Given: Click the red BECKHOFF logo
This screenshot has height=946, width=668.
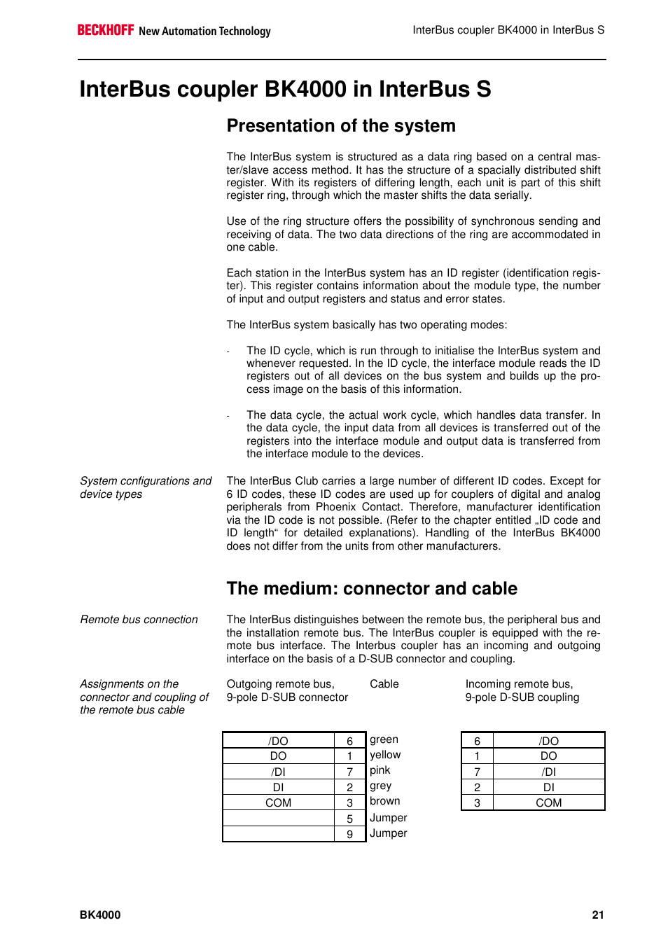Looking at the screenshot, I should click(105, 30).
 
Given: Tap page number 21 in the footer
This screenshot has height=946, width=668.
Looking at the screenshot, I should click(597, 914).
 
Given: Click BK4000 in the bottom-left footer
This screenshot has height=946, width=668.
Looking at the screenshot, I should click(100, 914).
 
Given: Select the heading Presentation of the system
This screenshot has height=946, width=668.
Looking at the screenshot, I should click(341, 126).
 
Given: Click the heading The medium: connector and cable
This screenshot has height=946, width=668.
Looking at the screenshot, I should click(372, 589).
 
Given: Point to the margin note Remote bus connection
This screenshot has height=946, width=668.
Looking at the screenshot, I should click(139, 620).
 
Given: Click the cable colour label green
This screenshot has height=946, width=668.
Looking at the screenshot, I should click(384, 739).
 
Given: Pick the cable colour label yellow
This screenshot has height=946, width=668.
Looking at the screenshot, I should click(385, 755).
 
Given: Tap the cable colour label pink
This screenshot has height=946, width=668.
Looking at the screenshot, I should click(380, 770).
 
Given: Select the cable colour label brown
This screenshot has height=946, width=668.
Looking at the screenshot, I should click(385, 801).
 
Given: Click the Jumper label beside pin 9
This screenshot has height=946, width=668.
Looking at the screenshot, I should click(389, 833).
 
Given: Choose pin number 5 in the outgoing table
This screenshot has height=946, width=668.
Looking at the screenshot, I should click(350, 819).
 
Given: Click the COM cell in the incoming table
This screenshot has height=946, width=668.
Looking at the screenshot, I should click(548, 803).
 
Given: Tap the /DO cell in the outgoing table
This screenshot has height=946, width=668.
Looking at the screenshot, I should click(278, 742).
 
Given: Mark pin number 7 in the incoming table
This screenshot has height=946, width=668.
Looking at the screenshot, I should click(477, 772).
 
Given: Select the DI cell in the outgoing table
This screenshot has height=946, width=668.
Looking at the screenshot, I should click(278, 788).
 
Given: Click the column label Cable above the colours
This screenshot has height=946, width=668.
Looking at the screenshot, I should click(384, 684).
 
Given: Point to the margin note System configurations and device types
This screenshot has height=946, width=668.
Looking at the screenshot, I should click(145, 487).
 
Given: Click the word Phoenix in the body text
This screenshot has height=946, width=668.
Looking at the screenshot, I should click(336, 507).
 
